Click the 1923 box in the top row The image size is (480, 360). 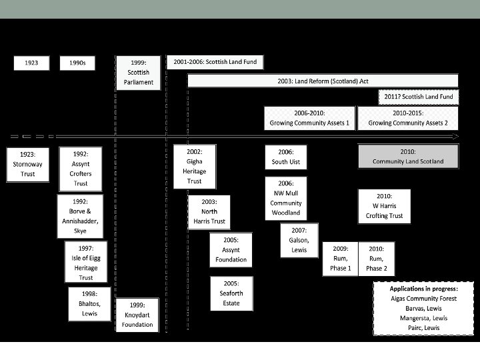32,63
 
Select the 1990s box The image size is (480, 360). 77,63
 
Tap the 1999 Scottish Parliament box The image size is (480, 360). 138,72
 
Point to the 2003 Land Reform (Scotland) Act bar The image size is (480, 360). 323,81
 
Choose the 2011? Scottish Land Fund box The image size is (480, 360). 419,97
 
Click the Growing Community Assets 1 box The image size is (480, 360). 309,119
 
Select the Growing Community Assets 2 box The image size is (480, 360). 408,119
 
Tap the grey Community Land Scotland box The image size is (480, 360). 408,157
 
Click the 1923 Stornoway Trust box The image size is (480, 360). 28,164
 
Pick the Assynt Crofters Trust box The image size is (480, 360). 81,169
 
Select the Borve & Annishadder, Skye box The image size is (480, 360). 81,216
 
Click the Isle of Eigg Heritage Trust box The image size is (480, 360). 86,262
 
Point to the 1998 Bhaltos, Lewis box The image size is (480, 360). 90,303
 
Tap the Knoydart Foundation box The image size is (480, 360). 137,315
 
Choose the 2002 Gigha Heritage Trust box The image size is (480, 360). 194,166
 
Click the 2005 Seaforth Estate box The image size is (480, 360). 231,293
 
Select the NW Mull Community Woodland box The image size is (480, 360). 286,198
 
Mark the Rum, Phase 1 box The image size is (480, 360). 340,258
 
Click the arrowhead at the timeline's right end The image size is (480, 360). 456,137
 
